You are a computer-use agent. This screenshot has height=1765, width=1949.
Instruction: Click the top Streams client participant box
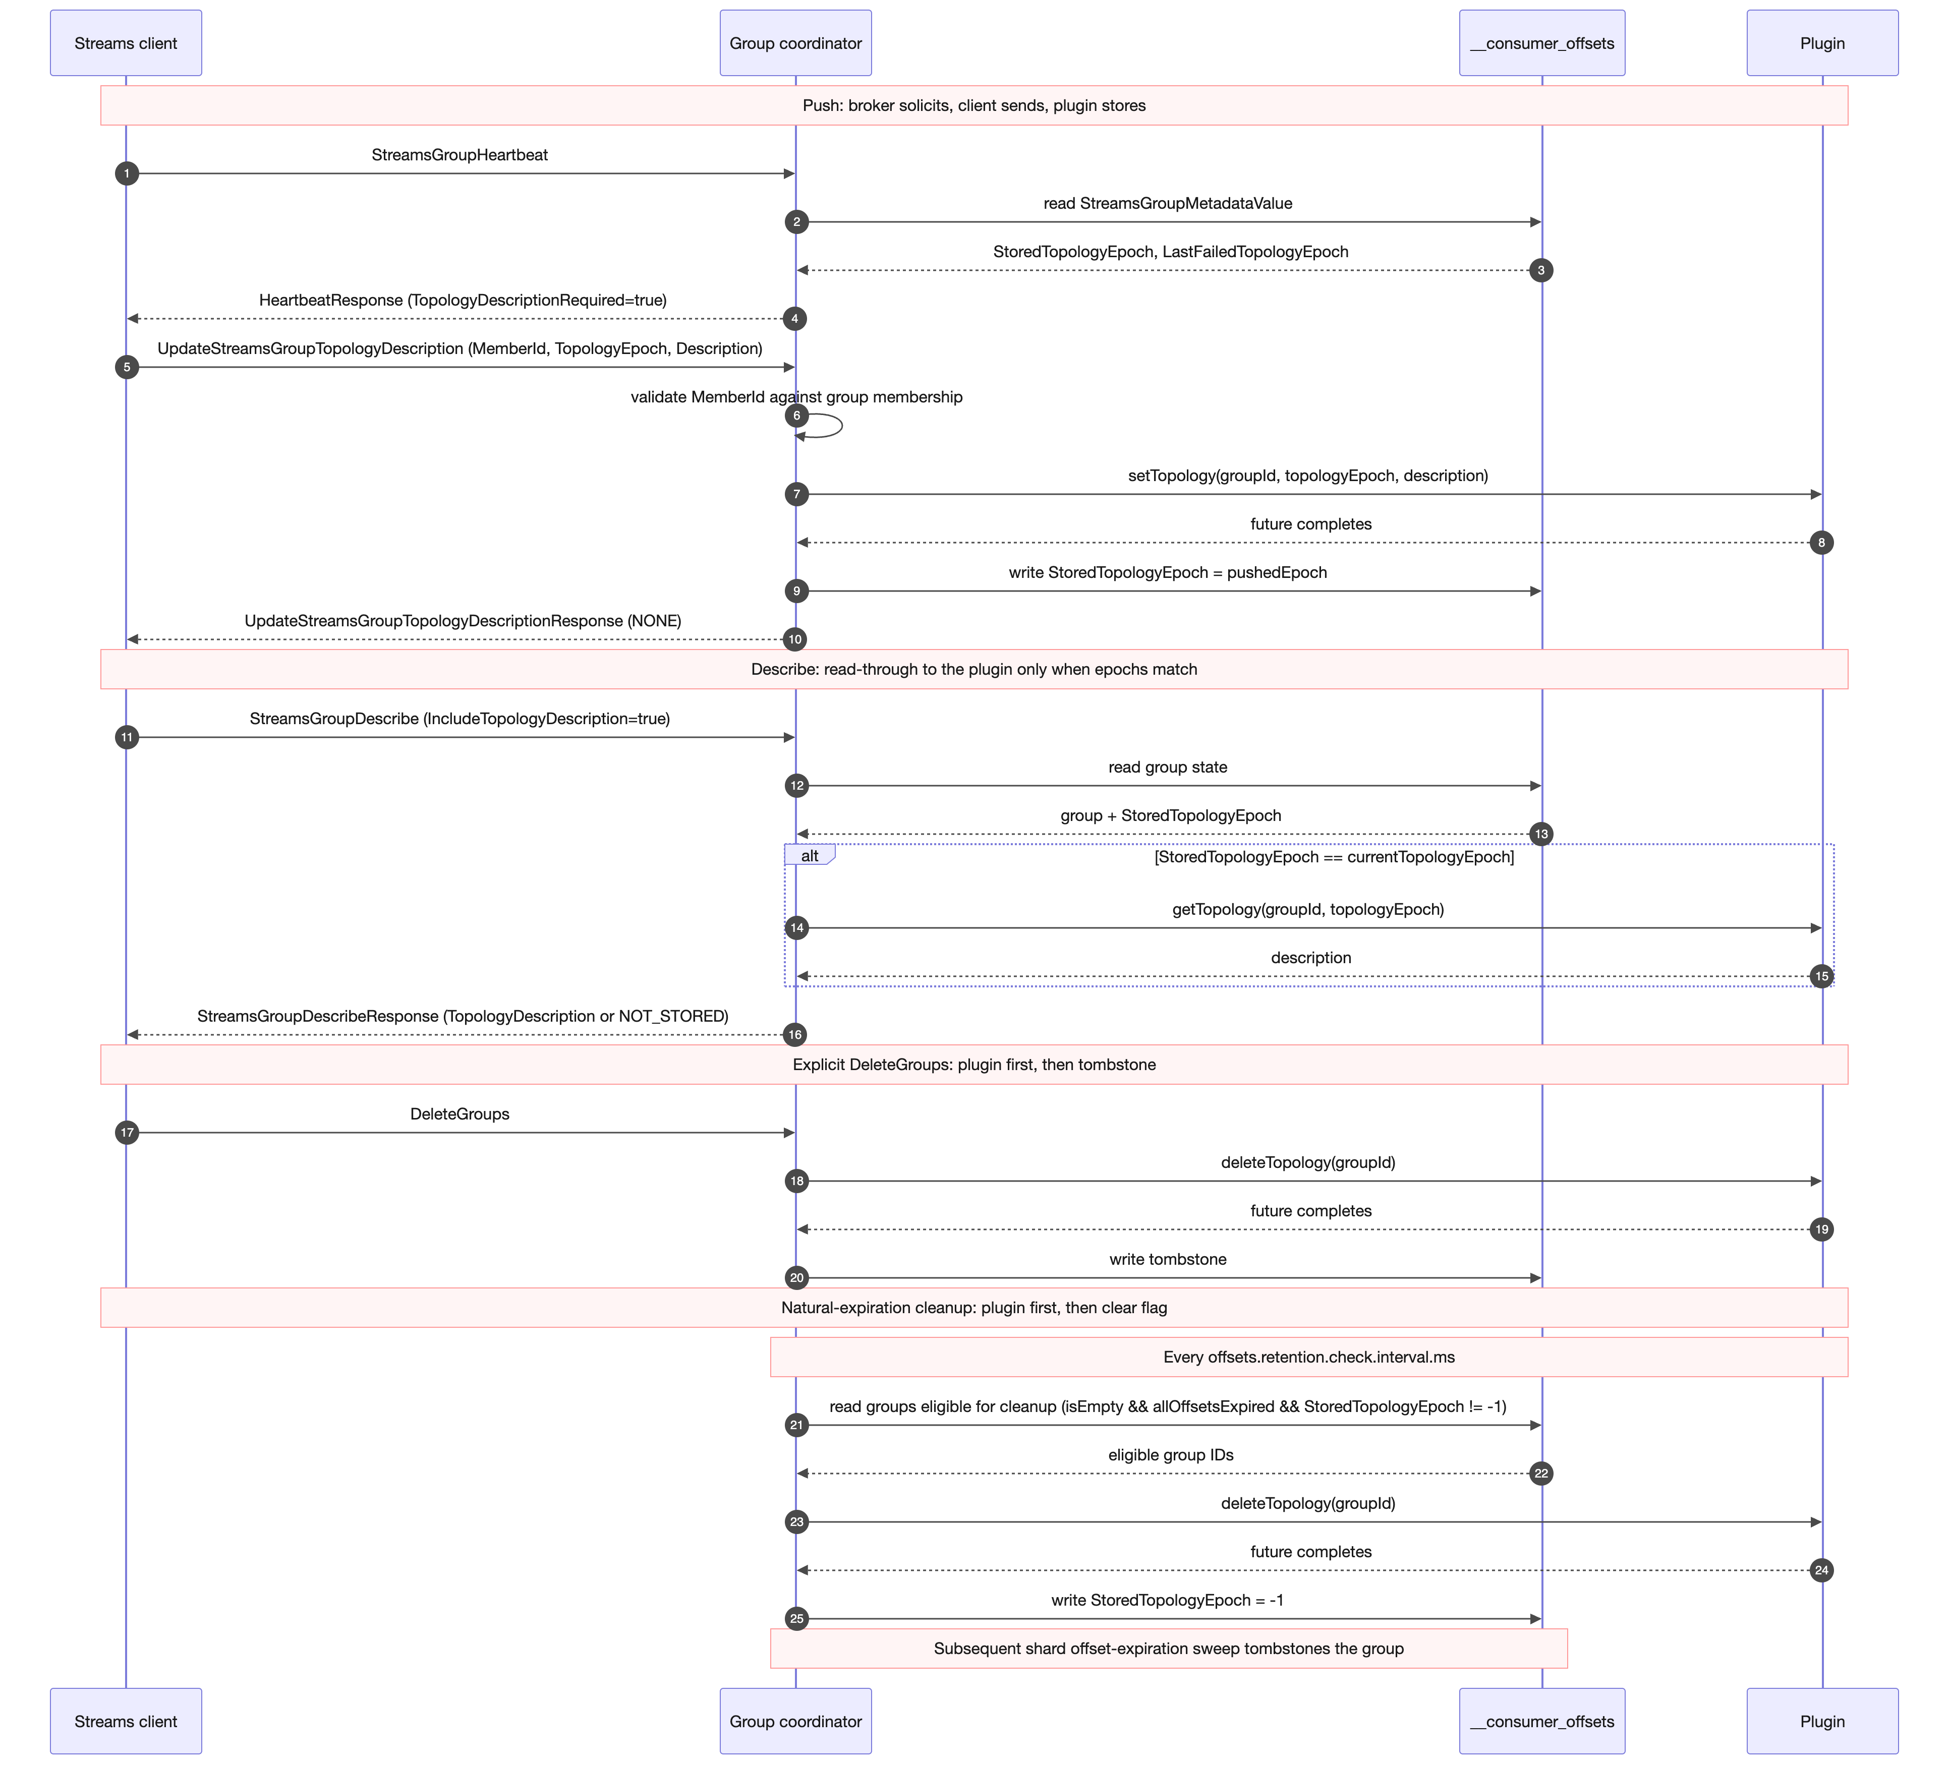pos(126,42)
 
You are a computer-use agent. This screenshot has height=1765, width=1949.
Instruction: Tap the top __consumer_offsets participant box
pos(1542,42)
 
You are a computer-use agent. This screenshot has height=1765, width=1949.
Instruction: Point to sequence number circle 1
pos(127,174)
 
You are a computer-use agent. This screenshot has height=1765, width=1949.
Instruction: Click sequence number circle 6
pos(796,416)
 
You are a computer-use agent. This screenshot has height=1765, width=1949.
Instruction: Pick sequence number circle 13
pos(1541,834)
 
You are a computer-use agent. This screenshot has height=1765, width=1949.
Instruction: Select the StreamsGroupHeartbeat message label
pos(460,155)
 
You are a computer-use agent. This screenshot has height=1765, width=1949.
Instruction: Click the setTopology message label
pos(1308,476)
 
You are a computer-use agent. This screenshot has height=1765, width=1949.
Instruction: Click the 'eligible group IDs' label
pos(1171,1455)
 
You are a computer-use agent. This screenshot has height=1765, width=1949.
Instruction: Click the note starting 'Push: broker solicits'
pos(974,105)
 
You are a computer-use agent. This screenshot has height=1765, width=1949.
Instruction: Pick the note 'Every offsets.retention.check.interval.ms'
pos(1309,1357)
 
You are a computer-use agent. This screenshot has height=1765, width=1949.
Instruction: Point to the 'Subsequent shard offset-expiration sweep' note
pos(1169,1648)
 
